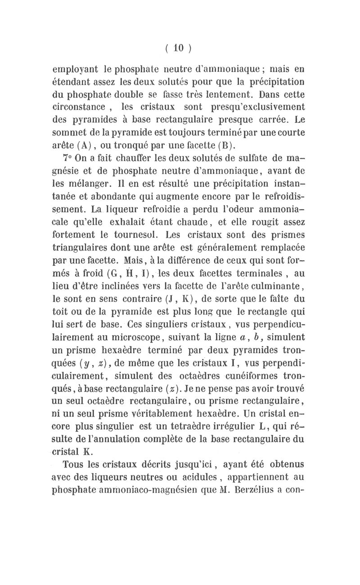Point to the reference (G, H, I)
[118, 272]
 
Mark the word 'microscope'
[126, 335]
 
